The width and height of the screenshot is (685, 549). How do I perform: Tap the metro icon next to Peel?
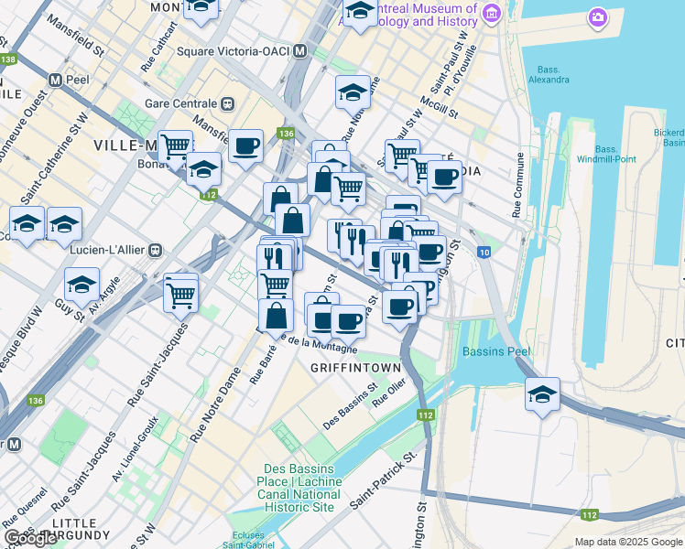[x=56, y=80]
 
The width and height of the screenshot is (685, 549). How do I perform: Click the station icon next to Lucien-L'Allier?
[x=156, y=249]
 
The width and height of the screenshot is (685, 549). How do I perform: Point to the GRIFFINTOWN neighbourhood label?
[x=355, y=368]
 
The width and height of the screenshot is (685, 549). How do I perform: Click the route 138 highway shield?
[x=8, y=59]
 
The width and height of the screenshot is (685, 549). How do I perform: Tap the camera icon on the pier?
[x=598, y=17]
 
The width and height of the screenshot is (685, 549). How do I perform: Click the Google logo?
[x=30, y=538]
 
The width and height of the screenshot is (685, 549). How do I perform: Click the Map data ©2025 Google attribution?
[x=627, y=542]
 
